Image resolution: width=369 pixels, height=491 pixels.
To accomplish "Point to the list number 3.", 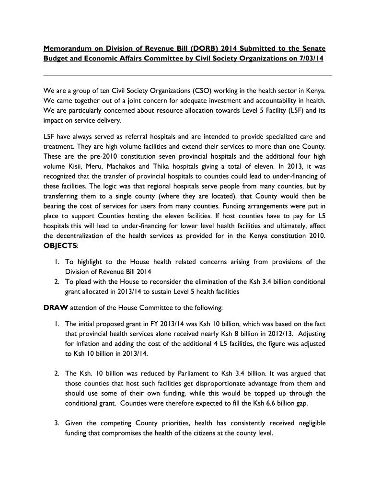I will pos(57,423).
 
